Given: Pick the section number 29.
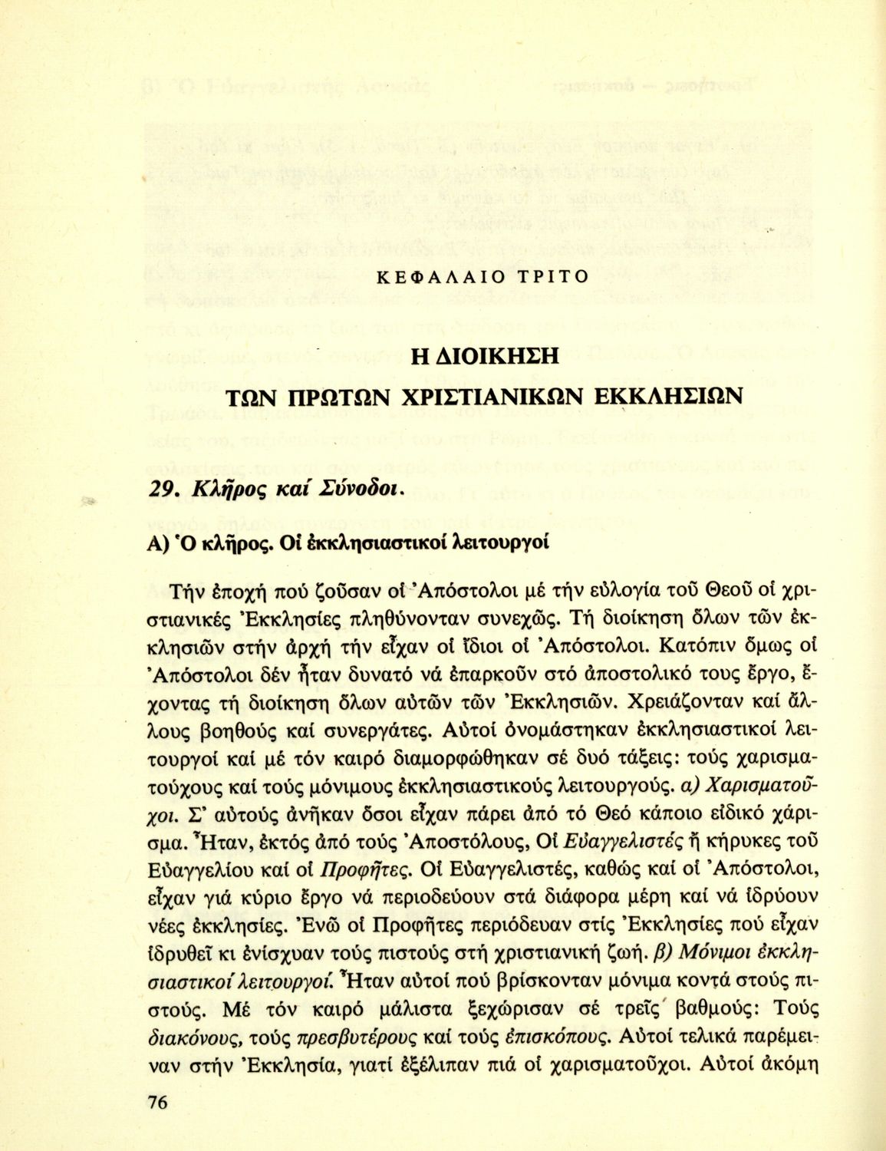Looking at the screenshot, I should pos(158,490).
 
